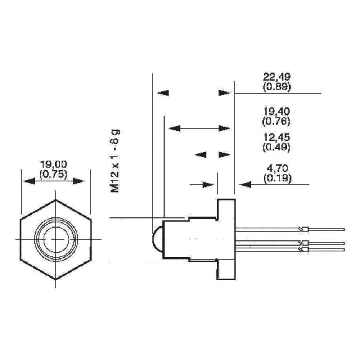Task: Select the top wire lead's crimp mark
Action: [x=304, y=229]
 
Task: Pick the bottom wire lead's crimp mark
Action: [x=304, y=249]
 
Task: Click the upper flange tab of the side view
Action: [x=226, y=209]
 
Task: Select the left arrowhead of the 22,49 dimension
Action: [x=163, y=93]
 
